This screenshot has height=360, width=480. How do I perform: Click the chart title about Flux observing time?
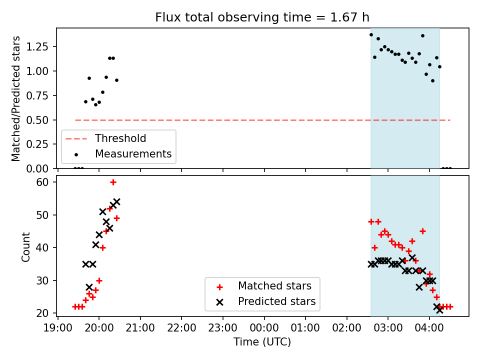(262, 17)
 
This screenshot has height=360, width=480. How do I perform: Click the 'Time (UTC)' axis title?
(262, 342)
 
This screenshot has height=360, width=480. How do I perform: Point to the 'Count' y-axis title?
(26, 247)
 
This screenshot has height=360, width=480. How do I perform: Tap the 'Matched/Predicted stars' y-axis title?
(16, 98)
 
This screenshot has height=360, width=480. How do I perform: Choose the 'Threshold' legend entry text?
(120, 138)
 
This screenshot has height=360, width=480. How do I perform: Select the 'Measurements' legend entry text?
(133, 154)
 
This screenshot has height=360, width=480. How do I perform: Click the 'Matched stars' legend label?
(274, 286)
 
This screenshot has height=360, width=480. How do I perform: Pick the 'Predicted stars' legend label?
(277, 301)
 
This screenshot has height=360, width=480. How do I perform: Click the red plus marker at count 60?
(113, 182)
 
